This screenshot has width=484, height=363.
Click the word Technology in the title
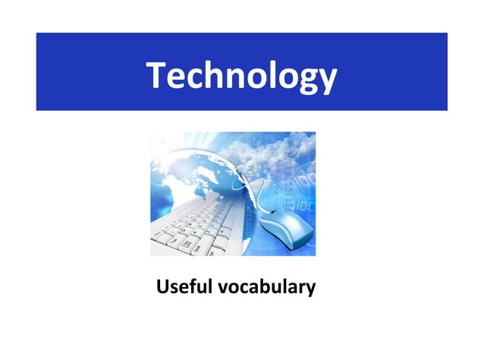[241, 76]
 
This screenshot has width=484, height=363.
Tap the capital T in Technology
[157, 74]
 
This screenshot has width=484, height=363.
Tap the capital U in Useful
[162, 288]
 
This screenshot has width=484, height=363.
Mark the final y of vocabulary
[310, 291]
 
